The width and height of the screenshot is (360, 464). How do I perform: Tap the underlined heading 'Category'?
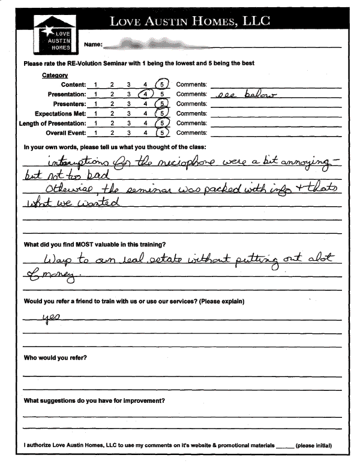point(55,75)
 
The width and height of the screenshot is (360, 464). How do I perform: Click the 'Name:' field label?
point(93,45)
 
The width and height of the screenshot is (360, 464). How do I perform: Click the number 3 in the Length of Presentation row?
point(128,123)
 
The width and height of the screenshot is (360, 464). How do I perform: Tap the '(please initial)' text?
point(314,445)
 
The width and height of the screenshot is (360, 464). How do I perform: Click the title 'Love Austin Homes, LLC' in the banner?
point(190,22)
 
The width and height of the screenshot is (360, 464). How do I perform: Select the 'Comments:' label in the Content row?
point(191,85)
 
